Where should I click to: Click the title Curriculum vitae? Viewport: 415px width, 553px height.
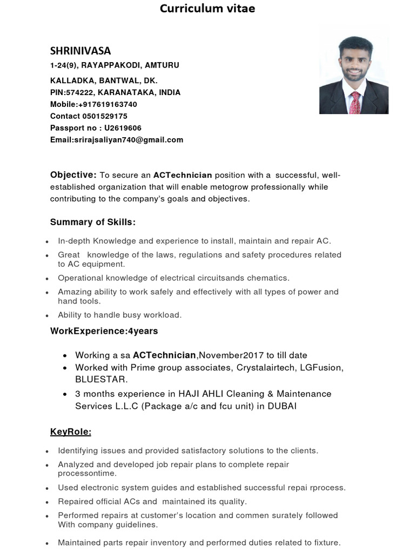click(207, 9)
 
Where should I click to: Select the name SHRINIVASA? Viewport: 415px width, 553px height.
click(81, 51)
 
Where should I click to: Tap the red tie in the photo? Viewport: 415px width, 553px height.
click(355, 102)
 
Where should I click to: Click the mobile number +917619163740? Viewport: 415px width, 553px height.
click(108, 104)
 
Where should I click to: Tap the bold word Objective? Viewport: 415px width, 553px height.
click(73, 175)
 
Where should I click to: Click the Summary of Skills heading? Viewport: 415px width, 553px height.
click(93, 222)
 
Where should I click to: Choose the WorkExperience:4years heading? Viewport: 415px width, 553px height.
click(104, 331)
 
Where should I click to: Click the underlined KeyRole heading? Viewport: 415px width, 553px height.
click(71, 432)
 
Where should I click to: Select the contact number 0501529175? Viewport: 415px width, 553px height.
click(105, 116)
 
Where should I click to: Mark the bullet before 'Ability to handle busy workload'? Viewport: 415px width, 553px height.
click(48, 315)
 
